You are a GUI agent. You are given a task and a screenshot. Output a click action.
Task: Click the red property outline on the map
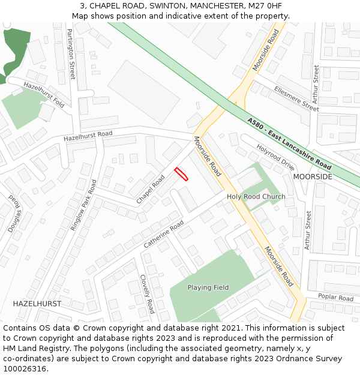click(181, 174)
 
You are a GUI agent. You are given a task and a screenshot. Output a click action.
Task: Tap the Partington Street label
click(71, 54)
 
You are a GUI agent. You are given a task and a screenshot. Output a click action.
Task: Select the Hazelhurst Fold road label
click(44, 95)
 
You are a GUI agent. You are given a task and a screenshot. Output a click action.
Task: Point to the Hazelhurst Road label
click(88, 137)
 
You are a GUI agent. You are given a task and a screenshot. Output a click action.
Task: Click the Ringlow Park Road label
click(83, 205)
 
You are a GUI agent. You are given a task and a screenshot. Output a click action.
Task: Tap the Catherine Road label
click(164, 235)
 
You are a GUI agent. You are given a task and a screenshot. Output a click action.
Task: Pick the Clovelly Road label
click(148, 294)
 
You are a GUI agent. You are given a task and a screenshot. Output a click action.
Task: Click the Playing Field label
click(208, 287)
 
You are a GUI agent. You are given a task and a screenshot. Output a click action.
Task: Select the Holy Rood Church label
click(256, 197)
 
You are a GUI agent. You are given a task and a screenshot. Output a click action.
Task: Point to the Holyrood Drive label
click(275, 157)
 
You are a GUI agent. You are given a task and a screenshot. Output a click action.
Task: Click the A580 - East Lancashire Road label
click(289, 143)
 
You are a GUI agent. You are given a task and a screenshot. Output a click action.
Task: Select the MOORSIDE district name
click(313, 177)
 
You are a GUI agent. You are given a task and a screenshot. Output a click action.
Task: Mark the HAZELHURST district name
click(37, 304)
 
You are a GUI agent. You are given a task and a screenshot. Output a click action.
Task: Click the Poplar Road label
click(336, 298)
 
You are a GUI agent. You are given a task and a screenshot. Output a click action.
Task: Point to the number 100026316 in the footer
click(23, 369)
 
